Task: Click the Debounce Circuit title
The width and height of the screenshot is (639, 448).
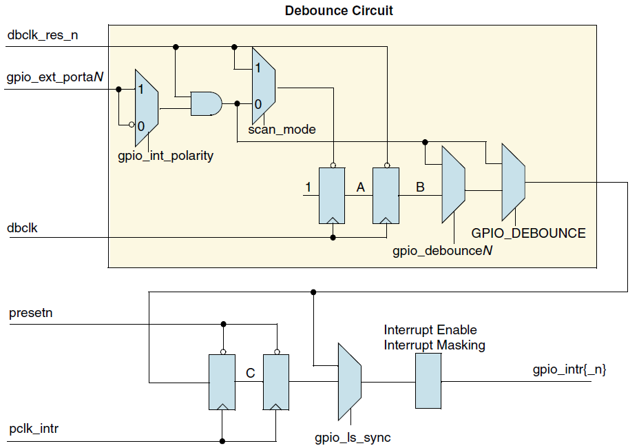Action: (339, 11)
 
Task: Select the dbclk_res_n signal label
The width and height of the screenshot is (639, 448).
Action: (43, 34)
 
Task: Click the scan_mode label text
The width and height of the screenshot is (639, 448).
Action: (282, 129)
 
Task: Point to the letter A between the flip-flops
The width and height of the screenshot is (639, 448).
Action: (360, 186)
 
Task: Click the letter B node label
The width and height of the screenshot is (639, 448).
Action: (420, 186)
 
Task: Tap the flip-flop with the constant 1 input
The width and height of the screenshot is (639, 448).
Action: (333, 195)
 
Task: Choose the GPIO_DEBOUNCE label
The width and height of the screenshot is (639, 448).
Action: (528, 233)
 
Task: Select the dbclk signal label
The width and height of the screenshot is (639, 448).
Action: (23, 227)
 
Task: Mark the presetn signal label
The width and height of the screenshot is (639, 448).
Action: (31, 314)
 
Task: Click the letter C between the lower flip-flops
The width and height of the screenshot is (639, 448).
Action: (251, 373)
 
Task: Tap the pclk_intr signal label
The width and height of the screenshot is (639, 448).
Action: (34, 429)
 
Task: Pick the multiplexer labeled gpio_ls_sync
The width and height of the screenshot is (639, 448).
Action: (349, 381)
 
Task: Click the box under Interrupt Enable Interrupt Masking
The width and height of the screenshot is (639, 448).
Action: (428, 381)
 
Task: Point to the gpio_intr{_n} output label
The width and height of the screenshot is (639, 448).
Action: (569, 370)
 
